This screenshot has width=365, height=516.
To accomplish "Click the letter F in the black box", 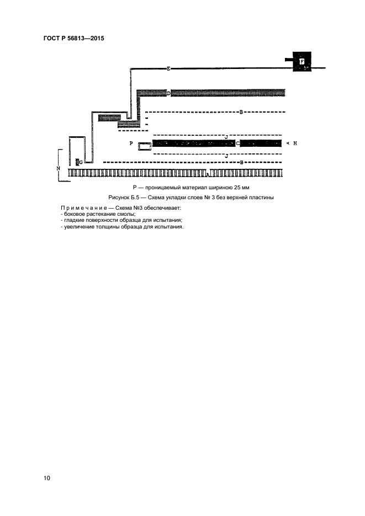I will click(302, 62).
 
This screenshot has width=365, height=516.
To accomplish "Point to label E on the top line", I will click(168, 69).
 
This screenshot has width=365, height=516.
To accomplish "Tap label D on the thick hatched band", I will click(168, 93).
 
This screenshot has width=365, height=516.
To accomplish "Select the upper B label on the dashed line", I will click(241, 112).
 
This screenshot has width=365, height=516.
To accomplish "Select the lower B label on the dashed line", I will click(242, 162).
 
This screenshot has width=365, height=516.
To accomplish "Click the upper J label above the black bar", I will click(226, 135).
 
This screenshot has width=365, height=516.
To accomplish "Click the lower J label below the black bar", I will click(226, 156).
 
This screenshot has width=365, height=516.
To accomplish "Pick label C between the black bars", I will click(237, 143).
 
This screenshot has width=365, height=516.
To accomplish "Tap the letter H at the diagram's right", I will click(295, 143).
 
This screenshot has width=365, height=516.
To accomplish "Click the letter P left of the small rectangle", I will click(131, 143).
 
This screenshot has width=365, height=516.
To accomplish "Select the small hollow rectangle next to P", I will click(144, 146).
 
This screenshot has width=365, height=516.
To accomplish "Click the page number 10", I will click(47, 478).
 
